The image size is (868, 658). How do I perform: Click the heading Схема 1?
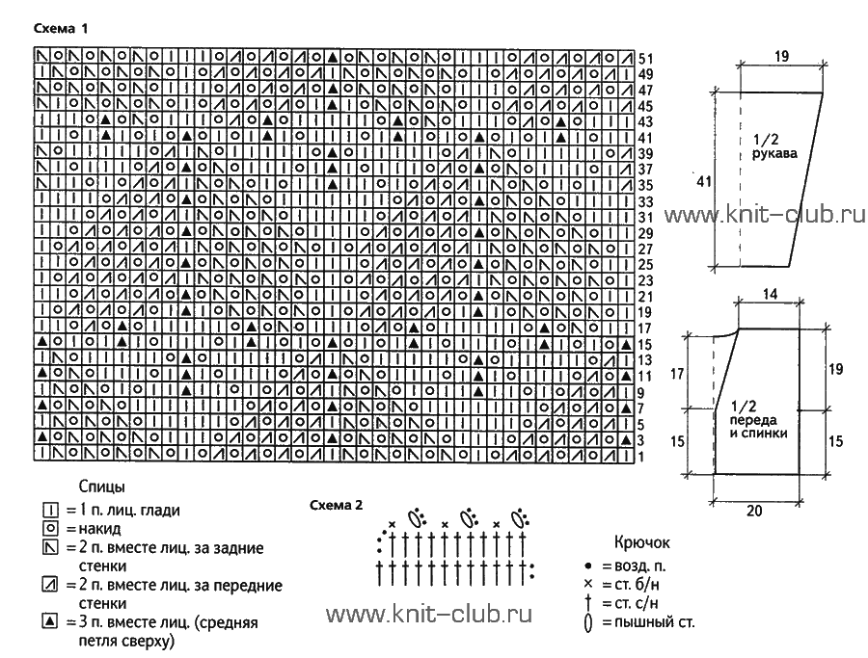(x=61, y=28)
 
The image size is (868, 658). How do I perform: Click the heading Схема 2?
(x=337, y=505)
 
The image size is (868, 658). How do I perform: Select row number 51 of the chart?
(x=645, y=59)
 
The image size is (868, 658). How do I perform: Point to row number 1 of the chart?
(x=641, y=457)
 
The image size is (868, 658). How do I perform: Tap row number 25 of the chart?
(x=645, y=265)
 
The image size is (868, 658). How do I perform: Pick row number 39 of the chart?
(x=645, y=154)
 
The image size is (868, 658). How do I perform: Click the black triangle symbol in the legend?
(x=50, y=622)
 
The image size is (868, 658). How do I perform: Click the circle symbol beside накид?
(x=50, y=528)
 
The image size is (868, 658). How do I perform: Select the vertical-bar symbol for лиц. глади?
(x=50, y=510)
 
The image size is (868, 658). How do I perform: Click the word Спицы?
(x=102, y=487)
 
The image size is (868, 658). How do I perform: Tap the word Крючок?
(x=642, y=542)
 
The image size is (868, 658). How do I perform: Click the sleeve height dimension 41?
(x=704, y=181)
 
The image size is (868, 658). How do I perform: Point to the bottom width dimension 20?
(x=754, y=511)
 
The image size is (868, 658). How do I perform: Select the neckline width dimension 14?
(x=770, y=294)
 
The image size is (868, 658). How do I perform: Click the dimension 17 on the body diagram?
(x=677, y=375)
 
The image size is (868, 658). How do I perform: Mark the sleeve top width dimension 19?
(x=781, y=56)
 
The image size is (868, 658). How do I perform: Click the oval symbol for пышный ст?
(x=588, y=623)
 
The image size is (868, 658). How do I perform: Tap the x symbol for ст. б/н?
(x=588, y=584)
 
